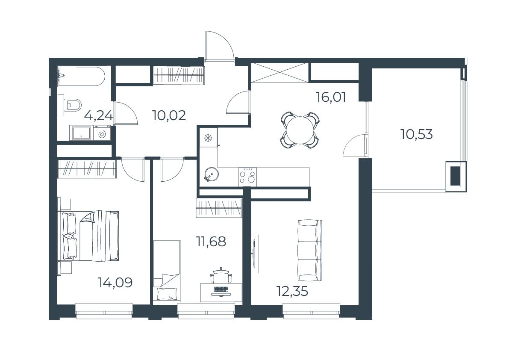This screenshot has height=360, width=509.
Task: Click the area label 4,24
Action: pos(98,115)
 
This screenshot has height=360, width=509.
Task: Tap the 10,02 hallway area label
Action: pos(169,115)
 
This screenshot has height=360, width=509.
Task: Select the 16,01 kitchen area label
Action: pos(331,97)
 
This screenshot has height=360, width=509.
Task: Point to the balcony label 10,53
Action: pos(417,134)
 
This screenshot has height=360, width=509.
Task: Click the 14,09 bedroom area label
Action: pos(115,283)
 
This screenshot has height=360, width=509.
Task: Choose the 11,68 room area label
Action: pos(211,242)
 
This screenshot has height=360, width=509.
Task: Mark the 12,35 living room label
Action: pos(292,291)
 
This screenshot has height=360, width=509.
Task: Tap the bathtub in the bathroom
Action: pos(82,77)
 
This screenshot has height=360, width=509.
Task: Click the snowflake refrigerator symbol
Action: pos(207,138)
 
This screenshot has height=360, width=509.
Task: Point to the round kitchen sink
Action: pos(211,174)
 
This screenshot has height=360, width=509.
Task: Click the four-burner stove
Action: pos(247,177)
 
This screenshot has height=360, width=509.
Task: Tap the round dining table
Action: pos(300,130)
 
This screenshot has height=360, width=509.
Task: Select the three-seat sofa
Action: pos(310,250)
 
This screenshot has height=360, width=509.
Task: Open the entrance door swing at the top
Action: pos(219,45)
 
